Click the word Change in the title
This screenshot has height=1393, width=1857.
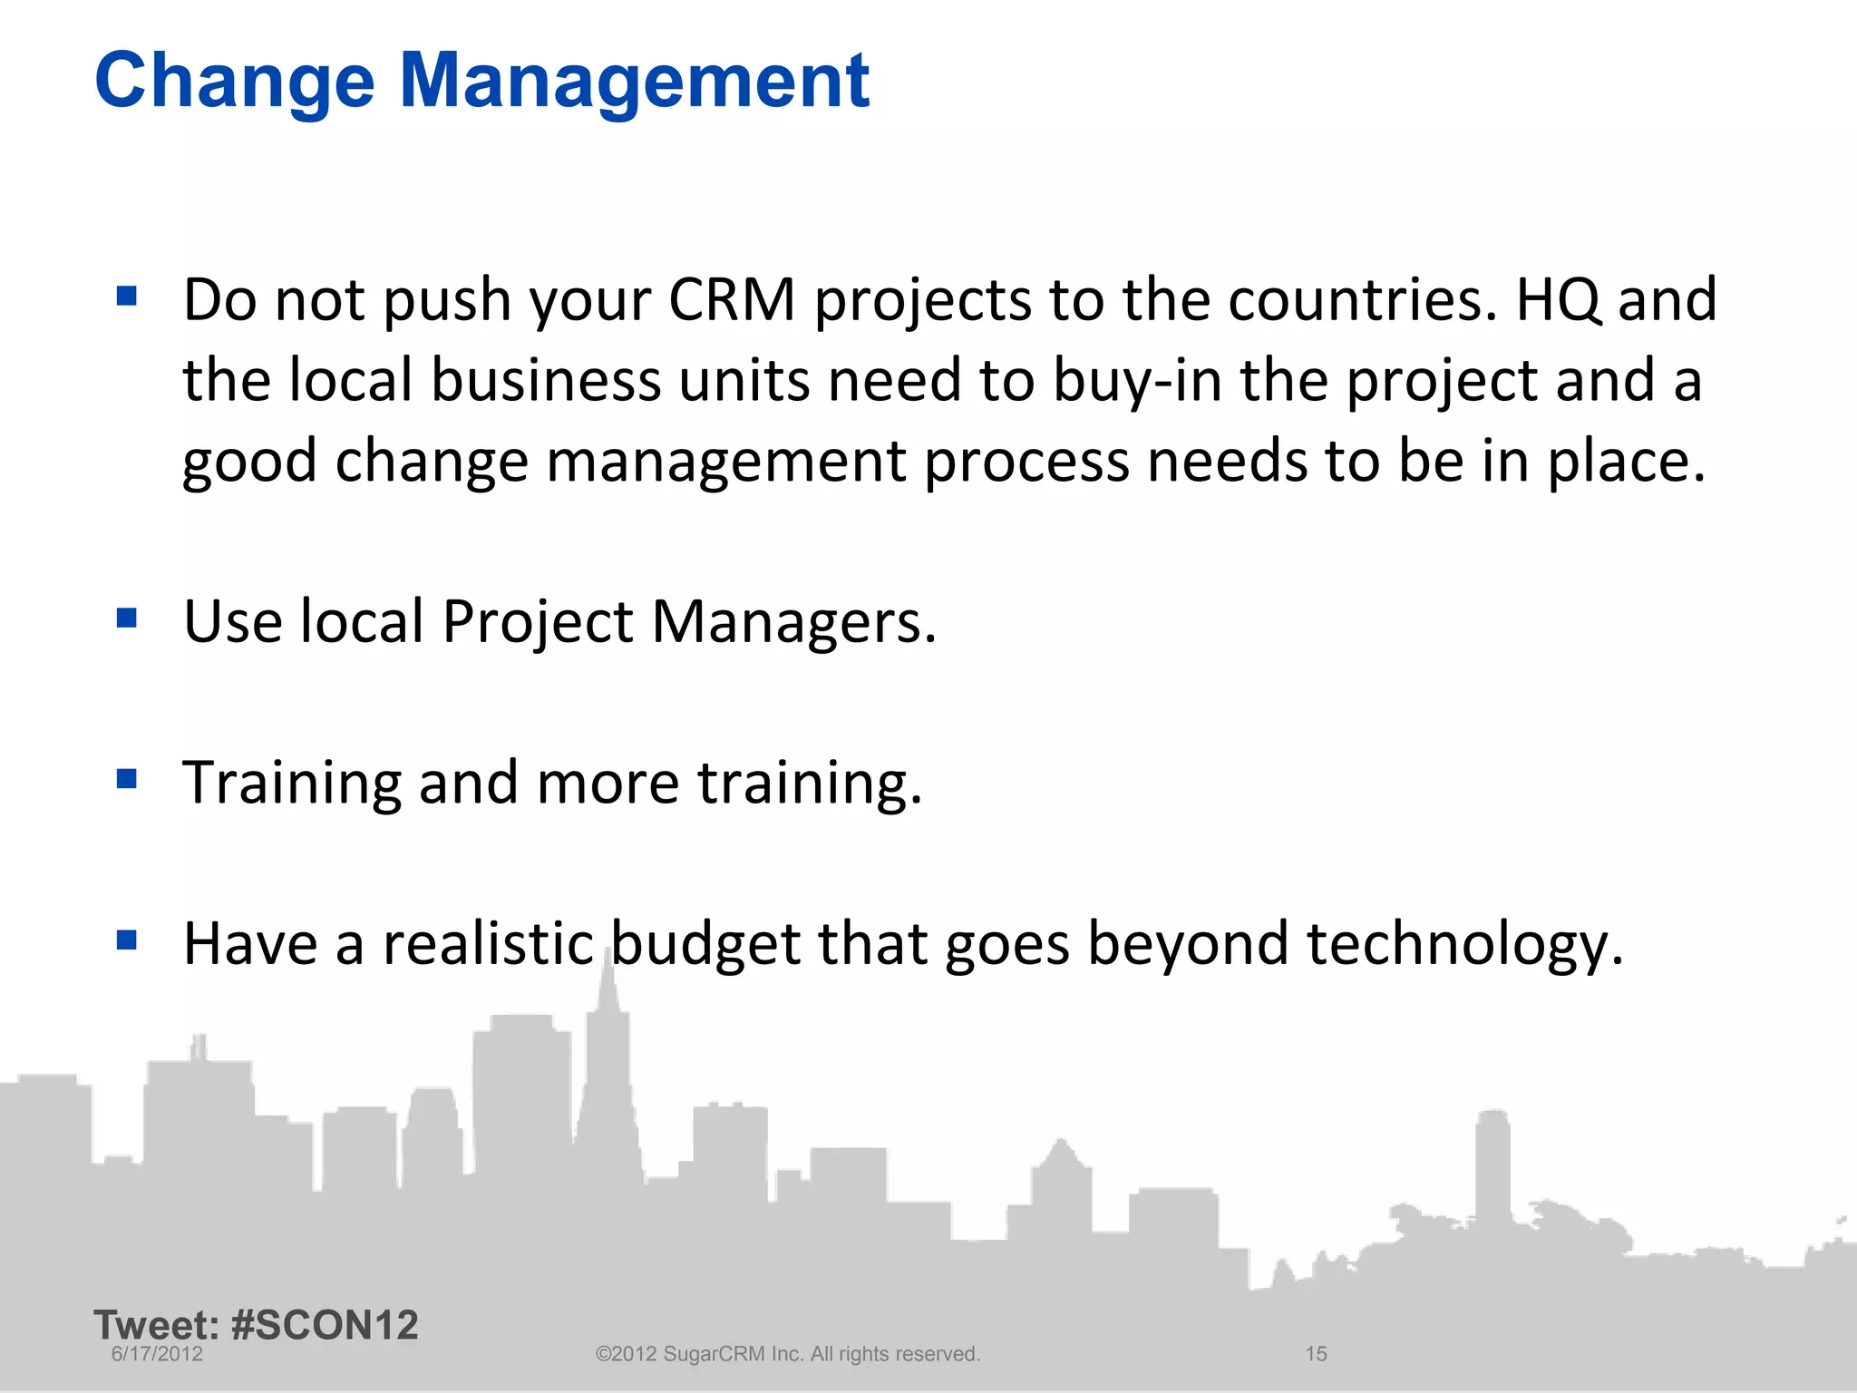[234, 82]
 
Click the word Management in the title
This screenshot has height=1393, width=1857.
[634, 82]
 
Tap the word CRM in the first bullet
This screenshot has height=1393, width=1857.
[732, 299]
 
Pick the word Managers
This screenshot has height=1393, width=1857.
[793, 622]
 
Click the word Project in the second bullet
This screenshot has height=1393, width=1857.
[538, 624]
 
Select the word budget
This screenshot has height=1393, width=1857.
[705, 945]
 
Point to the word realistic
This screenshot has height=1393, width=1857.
[488, 943]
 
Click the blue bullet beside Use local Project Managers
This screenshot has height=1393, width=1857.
[127, 619]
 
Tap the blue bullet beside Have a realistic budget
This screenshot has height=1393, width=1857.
[127, 940]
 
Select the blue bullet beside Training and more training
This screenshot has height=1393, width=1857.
[127, 779]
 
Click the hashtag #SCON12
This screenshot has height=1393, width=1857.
[325, 1325]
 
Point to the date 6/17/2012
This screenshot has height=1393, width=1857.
[157, 1354]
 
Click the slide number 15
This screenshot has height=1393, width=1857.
[1316, 1354]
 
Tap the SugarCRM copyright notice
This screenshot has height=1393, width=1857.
[787, 1354]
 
